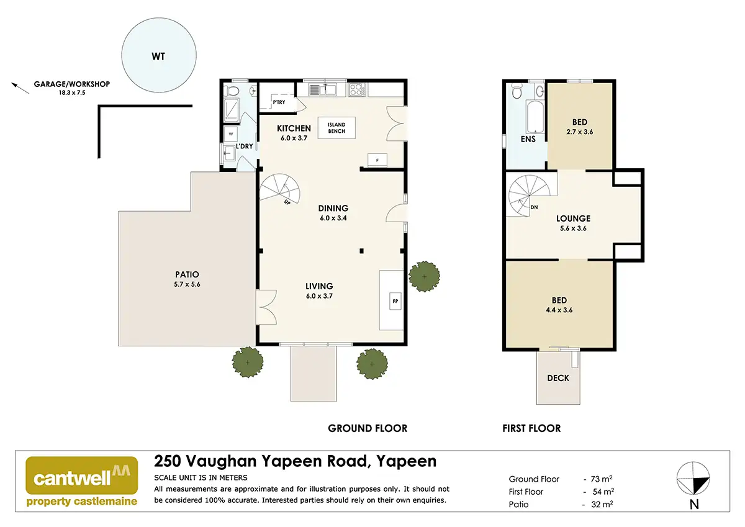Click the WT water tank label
click(158, 56)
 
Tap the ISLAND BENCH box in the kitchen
click(336, 128)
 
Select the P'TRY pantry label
click(279, 102)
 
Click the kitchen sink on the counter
click(323, 89)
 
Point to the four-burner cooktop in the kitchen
click(357, 89)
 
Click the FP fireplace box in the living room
click(395, 301)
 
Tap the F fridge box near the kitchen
click(377, 160)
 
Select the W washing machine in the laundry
click(231, 134)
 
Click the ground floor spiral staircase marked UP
click(280, 189)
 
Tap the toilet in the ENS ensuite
click(517, 91)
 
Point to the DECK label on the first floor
click(558, 378)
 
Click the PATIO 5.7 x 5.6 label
click(187, 279)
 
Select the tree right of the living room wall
click(425, 277)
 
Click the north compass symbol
click(693, 478)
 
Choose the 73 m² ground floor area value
click(602, 479)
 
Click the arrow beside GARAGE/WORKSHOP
click(20, 88)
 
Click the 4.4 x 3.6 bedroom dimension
click(559, 310)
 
